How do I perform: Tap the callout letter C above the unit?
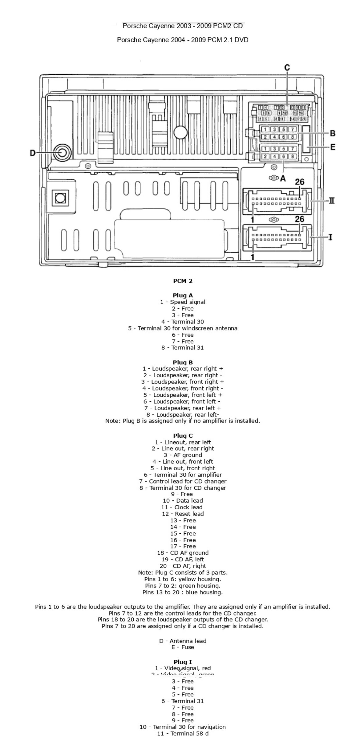pyautogui.click(x=287, y=68)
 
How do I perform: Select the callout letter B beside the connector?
pyautogui.click(x=333, y=133)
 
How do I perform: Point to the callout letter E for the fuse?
pyautogui.click(x=333, y=147)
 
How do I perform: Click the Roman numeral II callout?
pyautogui.click(x=331, y=201)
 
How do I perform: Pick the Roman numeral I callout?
pyautogui.click(x=330, y=237)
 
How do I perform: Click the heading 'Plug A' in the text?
pyautogui.click(x=183, y=295)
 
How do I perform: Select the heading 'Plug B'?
pyautogui.click(x=183, y=362)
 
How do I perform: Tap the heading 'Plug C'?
pyautogui.click(x=183, y=435)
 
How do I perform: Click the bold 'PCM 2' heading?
pyautogui.click(x=183, y=281)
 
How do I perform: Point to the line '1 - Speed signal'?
pyautogui.click(x=183, y=302)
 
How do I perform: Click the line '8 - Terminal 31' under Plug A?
pyautogui.click(x=183, y=348)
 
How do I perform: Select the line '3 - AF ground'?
pyautogui.click(x=183, y=455)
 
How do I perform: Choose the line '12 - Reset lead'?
pyautogui.click(x=183, y=514)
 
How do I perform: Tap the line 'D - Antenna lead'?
pyautogui.click(x=183, y=641)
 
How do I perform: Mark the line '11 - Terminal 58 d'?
pyautogui.click(x=183, y=733)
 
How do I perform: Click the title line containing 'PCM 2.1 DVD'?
pyautogui.click(x=183, y=40)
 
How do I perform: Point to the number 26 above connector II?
pyautogui.click(x=299, y=182)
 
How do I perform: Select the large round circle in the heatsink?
pyautogui.click(x=180, y=132)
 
